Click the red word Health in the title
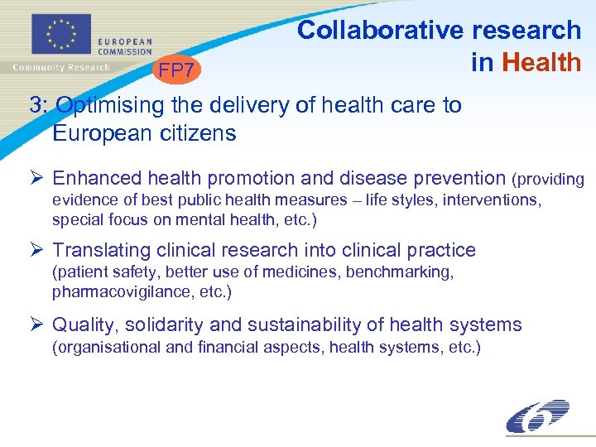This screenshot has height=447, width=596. click(542, 62)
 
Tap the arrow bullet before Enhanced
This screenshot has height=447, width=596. click(36, 178)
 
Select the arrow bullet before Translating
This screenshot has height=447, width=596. click(36, 250)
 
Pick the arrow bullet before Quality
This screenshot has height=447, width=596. click(36, 325)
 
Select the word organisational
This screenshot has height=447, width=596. click(107, 347)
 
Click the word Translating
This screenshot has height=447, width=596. click(102, 250)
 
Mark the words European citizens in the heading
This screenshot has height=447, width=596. click(144, 133)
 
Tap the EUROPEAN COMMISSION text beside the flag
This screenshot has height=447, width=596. click(125, 46)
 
